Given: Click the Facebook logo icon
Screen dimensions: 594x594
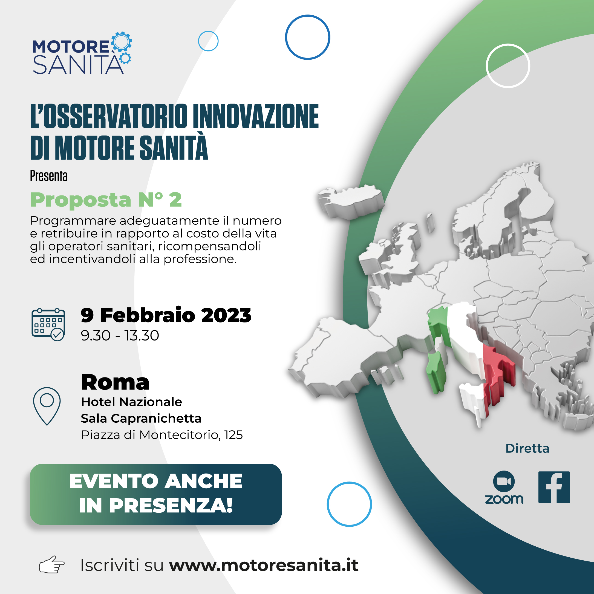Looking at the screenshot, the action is click(x=554, y=487).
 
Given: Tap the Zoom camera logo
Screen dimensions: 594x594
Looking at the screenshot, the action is click(x=504, y=481).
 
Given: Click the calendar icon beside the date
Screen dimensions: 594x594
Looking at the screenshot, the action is click(x=48, y=325).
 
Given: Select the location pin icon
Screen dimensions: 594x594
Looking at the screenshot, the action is click(x=47, y=406).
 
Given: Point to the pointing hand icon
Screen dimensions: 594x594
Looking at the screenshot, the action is click(x=52, y=564).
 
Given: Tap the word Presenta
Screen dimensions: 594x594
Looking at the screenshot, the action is click(x=48, y=176).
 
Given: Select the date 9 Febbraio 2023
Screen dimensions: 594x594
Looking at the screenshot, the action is click(x=166, y=315).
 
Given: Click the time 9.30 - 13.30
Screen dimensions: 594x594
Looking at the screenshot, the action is click(x=120, y=335).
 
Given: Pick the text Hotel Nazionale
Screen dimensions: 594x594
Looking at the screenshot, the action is click(x=132, y=402).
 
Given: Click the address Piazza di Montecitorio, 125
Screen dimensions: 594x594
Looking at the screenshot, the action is click(x=162, y=435).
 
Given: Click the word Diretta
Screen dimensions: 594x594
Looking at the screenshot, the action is click(x=527, y=449).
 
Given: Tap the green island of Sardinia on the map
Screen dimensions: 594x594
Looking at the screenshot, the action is click(x=436, y=372).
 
